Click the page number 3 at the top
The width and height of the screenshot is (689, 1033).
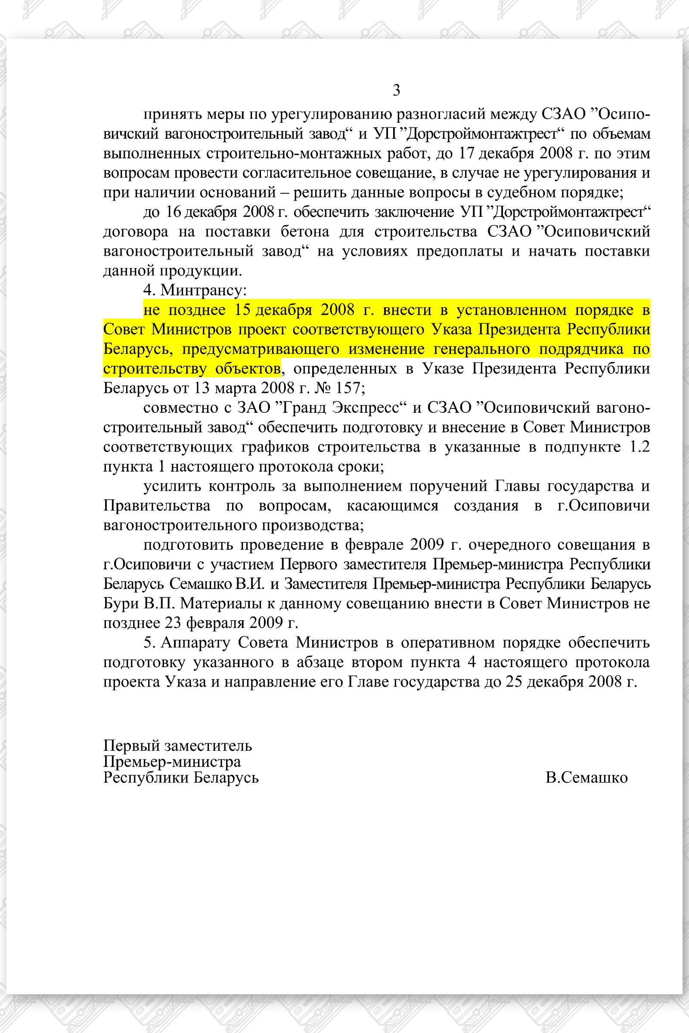(396, 90)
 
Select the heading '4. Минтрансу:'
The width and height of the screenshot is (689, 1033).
(195, 290)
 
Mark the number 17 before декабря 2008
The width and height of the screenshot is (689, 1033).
(467, 154)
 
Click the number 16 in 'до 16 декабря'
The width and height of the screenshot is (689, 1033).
(174, 212)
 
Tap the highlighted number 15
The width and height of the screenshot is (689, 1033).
(242, 310)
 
